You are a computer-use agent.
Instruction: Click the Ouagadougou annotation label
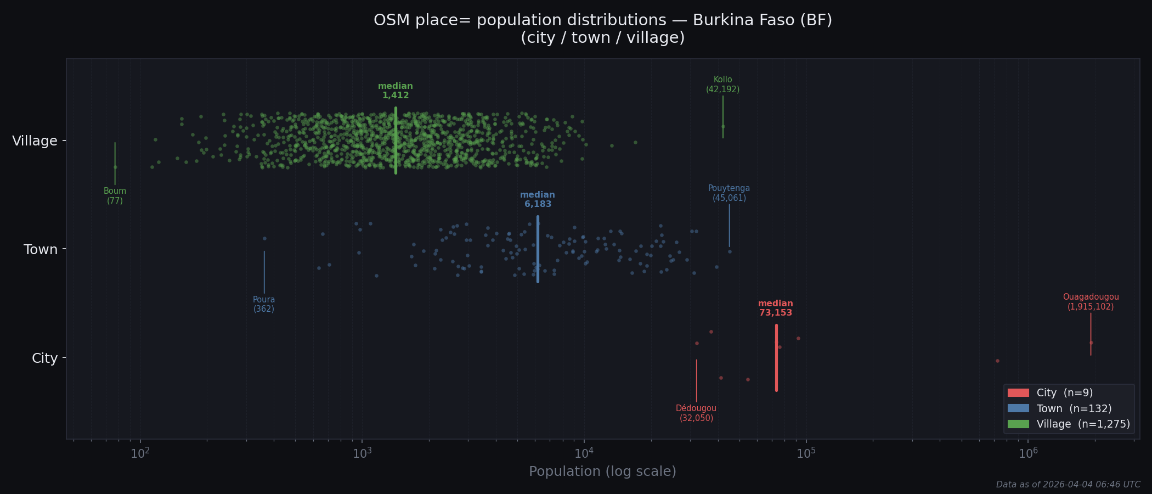tap(1091, 302)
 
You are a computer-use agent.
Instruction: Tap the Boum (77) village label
tap(115, 196)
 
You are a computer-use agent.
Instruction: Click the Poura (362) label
tap(264, 304)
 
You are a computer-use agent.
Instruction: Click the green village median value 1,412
tap(396, 96)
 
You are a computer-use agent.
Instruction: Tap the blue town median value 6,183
tap(538, 204)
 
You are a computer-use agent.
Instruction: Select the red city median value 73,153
tap(775, 313)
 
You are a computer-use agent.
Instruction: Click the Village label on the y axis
tap(35, 141)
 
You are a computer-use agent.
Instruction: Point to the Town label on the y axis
tap(41, 250)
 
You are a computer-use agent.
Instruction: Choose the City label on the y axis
tap(44, 358)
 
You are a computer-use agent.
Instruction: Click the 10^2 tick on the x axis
tap(140, 453)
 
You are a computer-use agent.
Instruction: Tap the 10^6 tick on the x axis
tap(1028, 453)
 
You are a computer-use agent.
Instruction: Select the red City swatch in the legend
tap(1018, 393)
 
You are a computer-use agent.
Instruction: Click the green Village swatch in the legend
tap(1018, 424)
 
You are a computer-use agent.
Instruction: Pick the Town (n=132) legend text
tap(1074, 409)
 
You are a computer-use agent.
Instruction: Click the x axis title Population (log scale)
tap(602, 471)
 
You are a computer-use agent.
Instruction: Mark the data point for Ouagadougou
tap(1091, 343)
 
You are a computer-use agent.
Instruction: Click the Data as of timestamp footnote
tap(1068, 485)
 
